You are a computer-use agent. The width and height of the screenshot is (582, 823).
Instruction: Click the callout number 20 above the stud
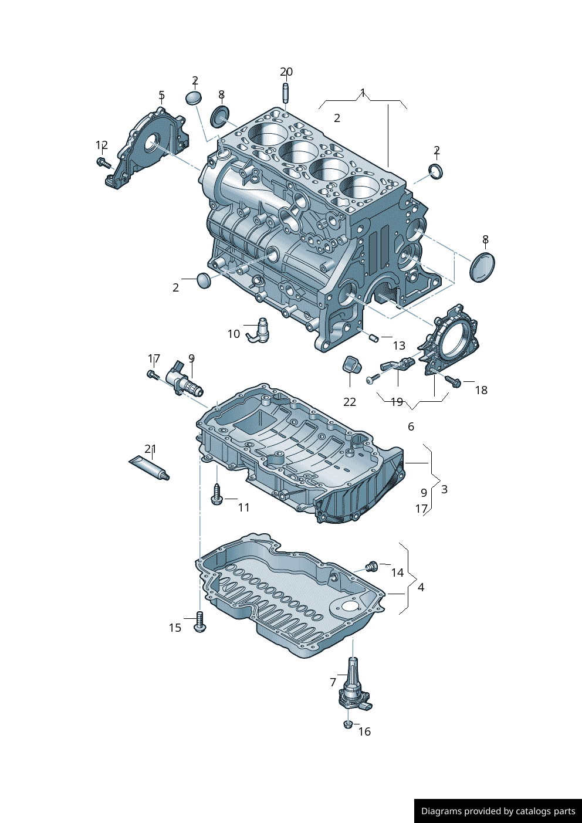pyautogui.click(x=286, y=72)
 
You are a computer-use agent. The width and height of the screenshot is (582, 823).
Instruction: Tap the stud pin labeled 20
pyautogui.click(x=286, y=93)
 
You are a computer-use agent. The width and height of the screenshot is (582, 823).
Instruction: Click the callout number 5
pyautogui.click(x=161, y=95)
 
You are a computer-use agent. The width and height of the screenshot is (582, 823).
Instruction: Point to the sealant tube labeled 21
pyautogui.click(x=149, y=468)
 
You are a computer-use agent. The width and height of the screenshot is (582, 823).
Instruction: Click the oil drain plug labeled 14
pyautogui.click(x=371, y=567)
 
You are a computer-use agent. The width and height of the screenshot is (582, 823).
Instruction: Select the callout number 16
pyautogui.click(x=364, y=731)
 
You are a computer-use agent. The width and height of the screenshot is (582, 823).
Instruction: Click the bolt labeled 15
pyautogui.click(x=199, y=622)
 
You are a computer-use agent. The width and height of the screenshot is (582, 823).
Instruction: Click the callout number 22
pyautogui.click(x=350, y=402)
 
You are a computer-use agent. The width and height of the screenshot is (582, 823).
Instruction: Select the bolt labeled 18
pyautogui.click(x=452, y=381)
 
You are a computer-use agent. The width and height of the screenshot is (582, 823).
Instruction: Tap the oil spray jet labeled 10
pyautogui.click(x=259, y=330)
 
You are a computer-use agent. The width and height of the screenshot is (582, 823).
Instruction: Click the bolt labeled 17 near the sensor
pyautogui.click(x=153, y=374)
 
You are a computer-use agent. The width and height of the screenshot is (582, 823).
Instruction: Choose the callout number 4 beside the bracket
pyautogui.click(x=421, y=587)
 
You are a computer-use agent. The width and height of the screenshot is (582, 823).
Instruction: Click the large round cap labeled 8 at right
pyautogui.click(x=482, y=267)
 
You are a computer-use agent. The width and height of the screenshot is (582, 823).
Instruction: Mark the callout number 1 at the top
pyautogui.click(x=363, y=93)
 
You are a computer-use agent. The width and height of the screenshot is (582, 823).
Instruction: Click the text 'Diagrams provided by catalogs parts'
pyautogui.click(x=498, y=811)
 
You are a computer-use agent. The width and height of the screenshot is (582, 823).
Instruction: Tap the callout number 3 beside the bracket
pyautogui.click(x=444, y=489)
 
